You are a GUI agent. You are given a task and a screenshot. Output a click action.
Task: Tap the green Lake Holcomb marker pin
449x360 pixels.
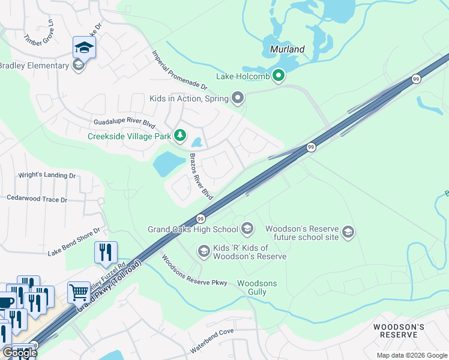[x=278, y=76]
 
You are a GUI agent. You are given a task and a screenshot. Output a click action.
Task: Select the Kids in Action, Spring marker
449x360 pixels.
[x=238, y=98]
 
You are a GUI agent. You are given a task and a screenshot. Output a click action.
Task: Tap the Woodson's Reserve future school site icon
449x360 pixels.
[x=348, y=232]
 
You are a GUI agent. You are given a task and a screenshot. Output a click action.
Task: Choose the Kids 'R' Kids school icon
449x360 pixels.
[x=203, y=251]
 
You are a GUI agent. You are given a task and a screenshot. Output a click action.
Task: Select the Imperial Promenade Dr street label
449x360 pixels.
[x=179, y=70]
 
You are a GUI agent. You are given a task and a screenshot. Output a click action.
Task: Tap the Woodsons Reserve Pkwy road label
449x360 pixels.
[x=193, y=271]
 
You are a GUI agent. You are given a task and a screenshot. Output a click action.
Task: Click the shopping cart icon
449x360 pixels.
[x=79, y=293]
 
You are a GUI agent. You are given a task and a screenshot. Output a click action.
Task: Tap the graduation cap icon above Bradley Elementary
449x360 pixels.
[x=84, y=47]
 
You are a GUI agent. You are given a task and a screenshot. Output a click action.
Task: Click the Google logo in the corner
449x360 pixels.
[x=20, y=353]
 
